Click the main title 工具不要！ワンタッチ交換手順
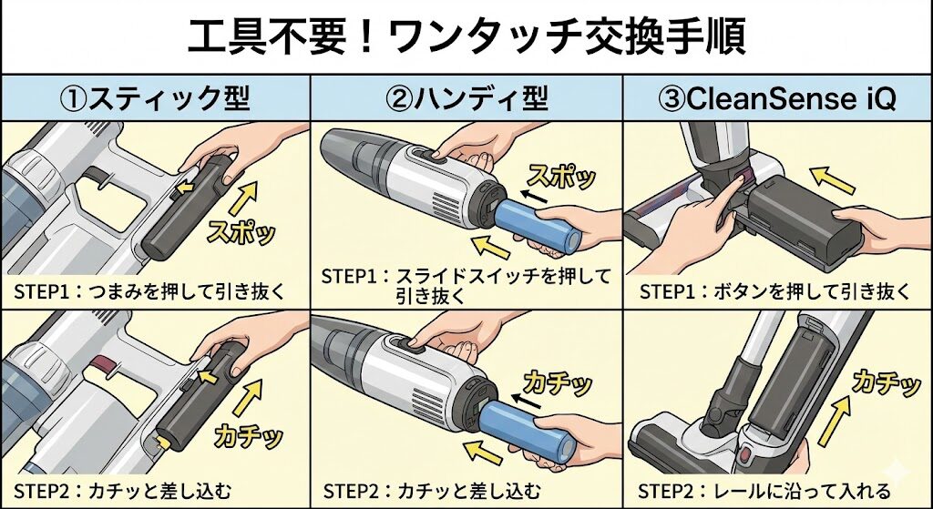(466, 36)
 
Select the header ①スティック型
(156, 97)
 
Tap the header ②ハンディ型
(466, 97)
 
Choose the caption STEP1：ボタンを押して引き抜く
(774, 291)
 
